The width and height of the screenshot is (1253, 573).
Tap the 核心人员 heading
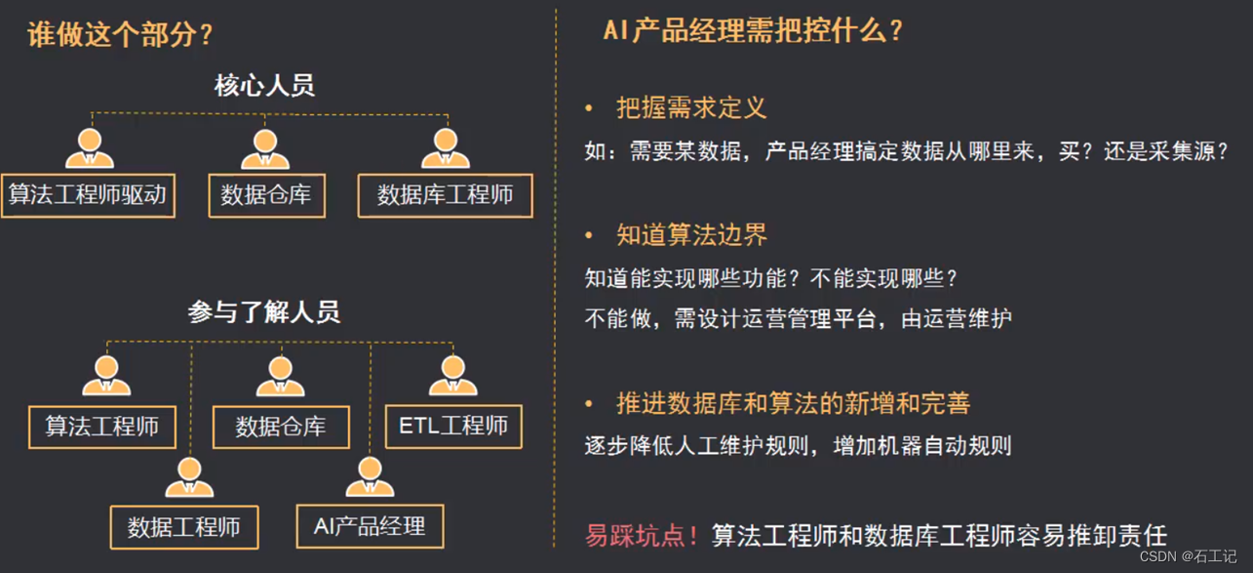point(264,86)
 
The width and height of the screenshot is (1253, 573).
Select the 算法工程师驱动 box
point(88,195)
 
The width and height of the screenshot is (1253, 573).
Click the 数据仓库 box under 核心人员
point(266,195)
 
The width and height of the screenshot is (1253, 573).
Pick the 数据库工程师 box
point(446,195)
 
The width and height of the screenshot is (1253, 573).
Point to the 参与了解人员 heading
point(263,312)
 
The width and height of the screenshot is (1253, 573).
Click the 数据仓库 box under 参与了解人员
point(281,427)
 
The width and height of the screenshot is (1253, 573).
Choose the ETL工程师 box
point(453,426)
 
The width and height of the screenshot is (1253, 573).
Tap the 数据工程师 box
point(184,528)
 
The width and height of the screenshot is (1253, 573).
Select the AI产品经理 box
point(370,527)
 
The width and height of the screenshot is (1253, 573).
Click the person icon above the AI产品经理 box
point(370,476)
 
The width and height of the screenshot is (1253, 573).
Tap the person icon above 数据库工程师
point(446,147)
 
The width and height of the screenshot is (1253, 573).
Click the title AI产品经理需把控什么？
point(754,31)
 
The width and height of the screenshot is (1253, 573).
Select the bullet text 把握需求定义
point(691,108)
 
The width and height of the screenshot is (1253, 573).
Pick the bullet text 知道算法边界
point(691,235)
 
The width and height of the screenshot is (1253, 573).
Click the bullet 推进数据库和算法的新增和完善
point(793,403)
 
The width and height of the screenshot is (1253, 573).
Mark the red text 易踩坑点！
point(642,535)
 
